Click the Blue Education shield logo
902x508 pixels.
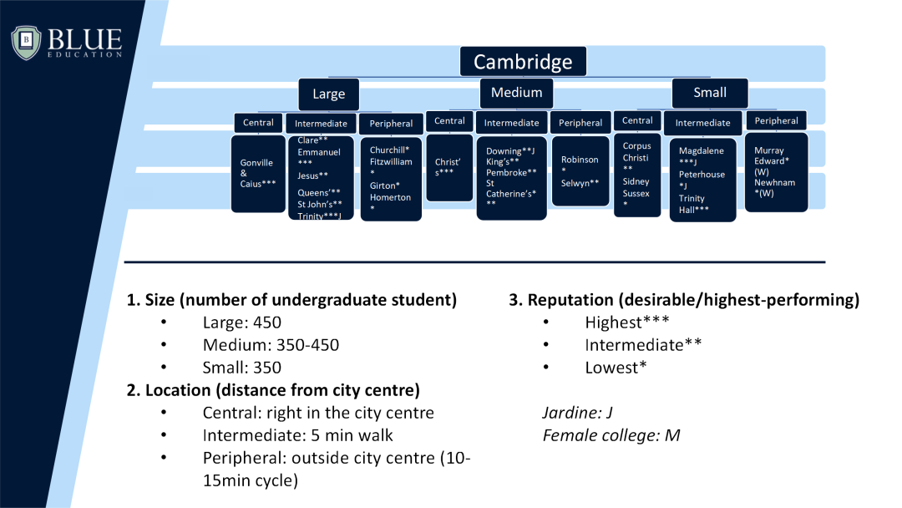(x=26, y=42)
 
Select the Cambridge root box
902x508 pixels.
(x=523, y=61)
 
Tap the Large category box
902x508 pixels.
(x=328, y=94)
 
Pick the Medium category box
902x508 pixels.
(x=516, y=93)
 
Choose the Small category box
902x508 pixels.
(x=710, y=93)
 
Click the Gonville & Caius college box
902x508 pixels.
(x=258, y=174)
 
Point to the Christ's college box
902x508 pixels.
(x=449, y=167)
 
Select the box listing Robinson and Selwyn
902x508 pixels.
(x=580, y=170)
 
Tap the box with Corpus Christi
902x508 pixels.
(x=637, y=175)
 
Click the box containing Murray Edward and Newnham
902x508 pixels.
(x=776, y=171)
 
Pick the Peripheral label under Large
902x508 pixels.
(x=391, y=123)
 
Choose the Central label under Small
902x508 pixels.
(x=637, y=120)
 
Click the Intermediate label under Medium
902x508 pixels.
(x=512, y=123)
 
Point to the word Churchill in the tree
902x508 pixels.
(x=387, y=150)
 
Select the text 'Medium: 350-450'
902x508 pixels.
(x=271, y=345)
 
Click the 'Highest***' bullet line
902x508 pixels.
(x=627, y=322)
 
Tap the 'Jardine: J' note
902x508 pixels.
(x=578, y=413)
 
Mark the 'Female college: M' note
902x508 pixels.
(x=611, y=434)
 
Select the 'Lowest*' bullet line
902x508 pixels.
(x=616, y=367)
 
